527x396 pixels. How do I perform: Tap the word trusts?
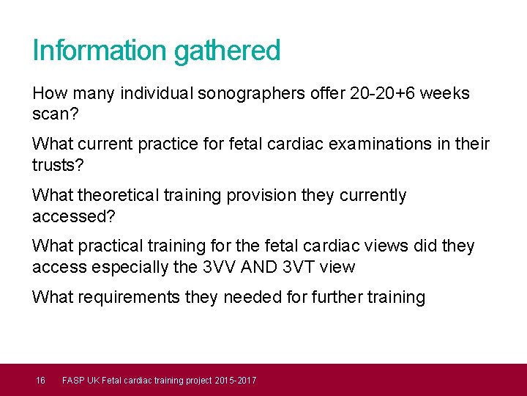tap(59, 166)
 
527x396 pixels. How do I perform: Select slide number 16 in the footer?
tap(41, 380)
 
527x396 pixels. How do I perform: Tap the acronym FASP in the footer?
tap(73, 380)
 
